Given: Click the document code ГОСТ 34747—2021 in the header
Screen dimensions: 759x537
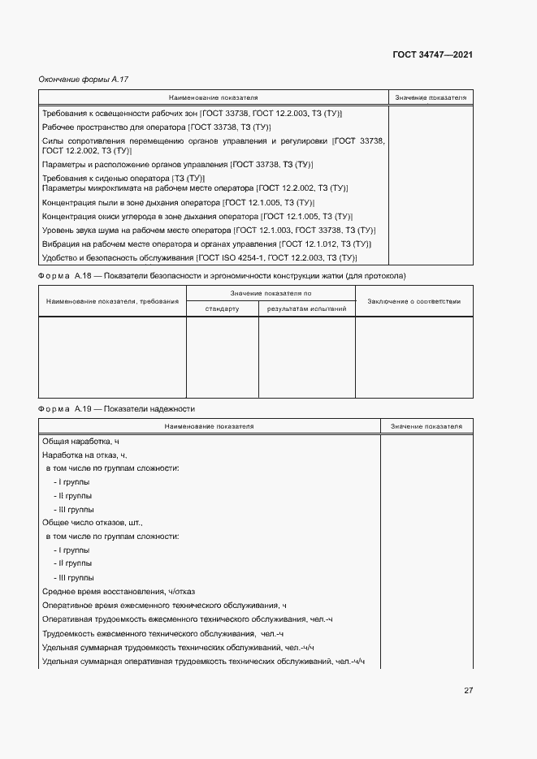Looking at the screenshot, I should pos(433,54).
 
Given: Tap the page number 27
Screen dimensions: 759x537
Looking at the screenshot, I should pos(468,691).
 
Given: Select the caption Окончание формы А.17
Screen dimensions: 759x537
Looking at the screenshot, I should pos(84,79).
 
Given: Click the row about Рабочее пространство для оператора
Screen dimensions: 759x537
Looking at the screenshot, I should pos(156,127).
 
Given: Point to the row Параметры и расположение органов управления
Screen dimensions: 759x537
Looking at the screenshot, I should pos(177,164).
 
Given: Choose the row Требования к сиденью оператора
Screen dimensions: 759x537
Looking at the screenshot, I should pos(123,178).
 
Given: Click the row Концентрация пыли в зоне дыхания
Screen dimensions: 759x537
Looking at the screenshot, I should pos(178,202).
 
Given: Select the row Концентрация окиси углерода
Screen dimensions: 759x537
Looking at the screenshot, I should pos(196,217).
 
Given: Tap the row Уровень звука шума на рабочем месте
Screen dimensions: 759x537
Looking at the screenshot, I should pos(208,231).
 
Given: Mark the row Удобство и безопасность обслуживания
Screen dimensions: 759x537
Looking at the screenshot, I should pos(199,257).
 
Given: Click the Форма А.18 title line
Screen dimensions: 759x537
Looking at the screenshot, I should pos(222,276).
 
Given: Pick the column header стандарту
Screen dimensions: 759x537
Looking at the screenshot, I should pos(222,308).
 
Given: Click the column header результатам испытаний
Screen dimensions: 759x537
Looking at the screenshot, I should pos(306,308).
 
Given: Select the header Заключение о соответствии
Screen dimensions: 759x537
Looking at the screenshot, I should pos(414,301).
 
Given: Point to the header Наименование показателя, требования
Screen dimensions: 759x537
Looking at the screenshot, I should pos(112,301).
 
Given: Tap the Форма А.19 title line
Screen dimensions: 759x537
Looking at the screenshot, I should pos(117,408).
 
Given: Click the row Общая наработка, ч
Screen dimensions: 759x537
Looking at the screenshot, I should pos(80,440).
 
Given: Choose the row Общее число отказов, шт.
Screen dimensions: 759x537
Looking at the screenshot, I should pos(92,523).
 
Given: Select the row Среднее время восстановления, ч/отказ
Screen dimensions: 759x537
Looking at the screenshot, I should pos(118,592).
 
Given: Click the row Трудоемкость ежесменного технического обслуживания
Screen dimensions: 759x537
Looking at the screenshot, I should pos(162,633).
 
